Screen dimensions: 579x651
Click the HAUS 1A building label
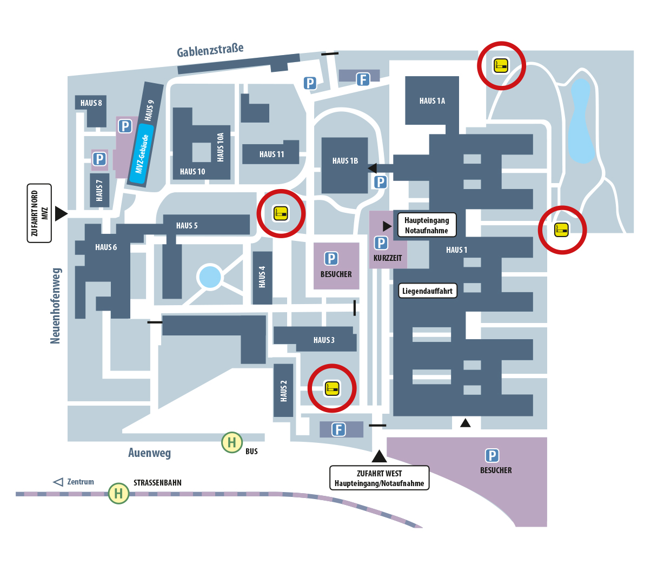tap(432, 101)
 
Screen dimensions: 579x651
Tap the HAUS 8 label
tap(91, 103)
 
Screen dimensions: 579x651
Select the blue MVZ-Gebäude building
tap(142, 154)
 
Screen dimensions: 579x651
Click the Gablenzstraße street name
tap(210, 50)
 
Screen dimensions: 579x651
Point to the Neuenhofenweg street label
tap(55, 305)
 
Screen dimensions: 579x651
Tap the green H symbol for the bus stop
tap(231, 442)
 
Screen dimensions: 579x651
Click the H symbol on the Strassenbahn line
tap(118, 493)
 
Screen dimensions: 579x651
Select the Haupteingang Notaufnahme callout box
tap(427, 225)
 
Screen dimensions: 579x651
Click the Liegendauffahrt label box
tap(427, 291)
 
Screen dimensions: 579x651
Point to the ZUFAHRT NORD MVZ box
tap(39, 213)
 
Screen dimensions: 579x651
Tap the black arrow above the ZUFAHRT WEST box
tap(379, 456)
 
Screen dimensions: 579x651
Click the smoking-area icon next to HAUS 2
tap(332, 388)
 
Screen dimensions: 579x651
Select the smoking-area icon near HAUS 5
tap(281, 213)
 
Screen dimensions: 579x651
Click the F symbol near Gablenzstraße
tap(363, 80)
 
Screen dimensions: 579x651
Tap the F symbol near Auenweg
tap(338, 429)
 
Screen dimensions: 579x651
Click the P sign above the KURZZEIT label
tap(381, 243)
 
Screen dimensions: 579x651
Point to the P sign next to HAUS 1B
tap(381, 182)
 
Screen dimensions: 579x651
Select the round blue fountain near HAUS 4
tap(210, 277)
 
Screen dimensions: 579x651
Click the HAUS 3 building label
tap(324, 340)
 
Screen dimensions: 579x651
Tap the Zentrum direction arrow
tap(58, 482)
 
